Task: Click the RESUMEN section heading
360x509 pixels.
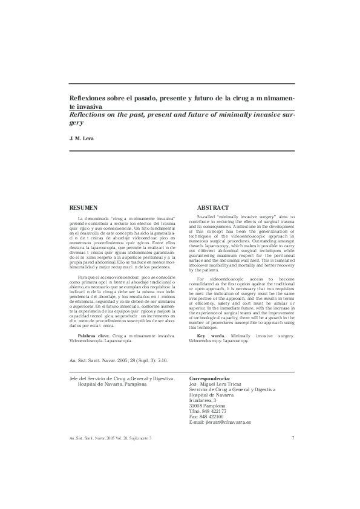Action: (x=85, y=207)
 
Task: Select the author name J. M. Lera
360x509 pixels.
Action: (x=79, y=139)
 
